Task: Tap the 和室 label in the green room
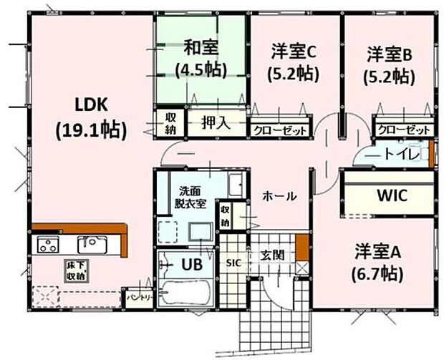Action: (200, 48)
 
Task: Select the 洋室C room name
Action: (294, 52)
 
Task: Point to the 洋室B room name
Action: (389, 53)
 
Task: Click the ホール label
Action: (276, 195)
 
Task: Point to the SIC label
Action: (233, 263)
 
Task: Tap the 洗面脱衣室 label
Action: (192, 197)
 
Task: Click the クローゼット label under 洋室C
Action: (279, 131)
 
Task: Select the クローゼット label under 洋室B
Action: (405, 130)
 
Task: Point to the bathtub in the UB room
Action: (184, 293)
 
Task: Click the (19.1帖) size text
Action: (91, 130)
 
